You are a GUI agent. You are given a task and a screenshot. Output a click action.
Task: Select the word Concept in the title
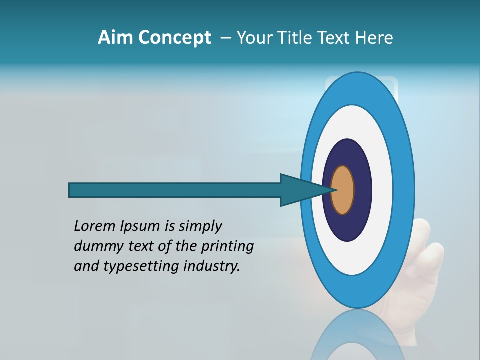click(x=174, y=38)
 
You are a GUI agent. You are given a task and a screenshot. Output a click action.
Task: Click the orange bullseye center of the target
click(x=343, y=190)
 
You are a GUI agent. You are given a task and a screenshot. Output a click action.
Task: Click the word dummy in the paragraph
click(x=95, y=246)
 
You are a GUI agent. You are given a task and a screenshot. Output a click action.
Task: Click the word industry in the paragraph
click(x=212, y=266)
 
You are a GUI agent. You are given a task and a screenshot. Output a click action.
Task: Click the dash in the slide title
click(x=225, y=38)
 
